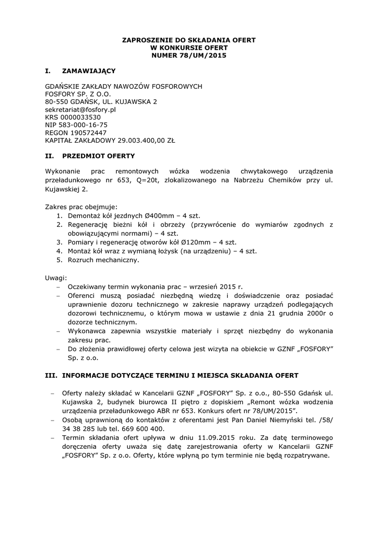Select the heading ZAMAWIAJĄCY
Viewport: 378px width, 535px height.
[89, 70]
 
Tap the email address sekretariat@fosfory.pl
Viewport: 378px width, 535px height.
[80, 110]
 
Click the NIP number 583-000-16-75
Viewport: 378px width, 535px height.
[83, 125]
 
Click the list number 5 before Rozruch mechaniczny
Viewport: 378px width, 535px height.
[60, 260]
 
